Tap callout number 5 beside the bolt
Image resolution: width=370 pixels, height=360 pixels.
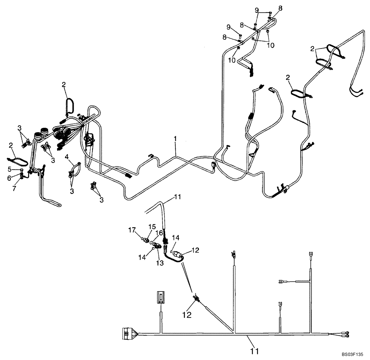click(x=10, y=169)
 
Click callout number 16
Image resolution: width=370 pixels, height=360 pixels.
click(x=159, y=232)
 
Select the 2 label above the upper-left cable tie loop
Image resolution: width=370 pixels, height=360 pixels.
click(x=64, y=85)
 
